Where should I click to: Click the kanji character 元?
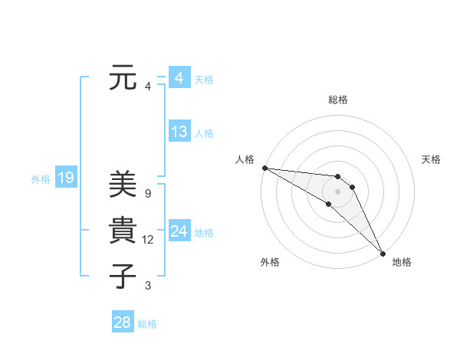(123, 79)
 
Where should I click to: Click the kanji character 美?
(123, 186)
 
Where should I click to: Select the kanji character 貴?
(123, 231)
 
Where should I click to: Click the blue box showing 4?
(179, 78)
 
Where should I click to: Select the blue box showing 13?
(179, 132)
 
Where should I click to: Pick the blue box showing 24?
(179, 231)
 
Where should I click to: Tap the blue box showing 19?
(65, 178)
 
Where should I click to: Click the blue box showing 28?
(122, 322)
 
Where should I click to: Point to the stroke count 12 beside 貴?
(148, 240)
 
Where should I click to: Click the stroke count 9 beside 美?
(148, 194)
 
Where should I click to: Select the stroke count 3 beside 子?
(148, 286)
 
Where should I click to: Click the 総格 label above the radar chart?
(338, 100)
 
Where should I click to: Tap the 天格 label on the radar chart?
(432, 159)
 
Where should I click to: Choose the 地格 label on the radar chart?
(402, 262)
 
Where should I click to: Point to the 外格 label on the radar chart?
(270, 262)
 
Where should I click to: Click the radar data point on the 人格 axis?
(264, 168)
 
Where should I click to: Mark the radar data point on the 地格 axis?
(383, 253)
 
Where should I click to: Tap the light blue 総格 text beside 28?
(147, 324)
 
